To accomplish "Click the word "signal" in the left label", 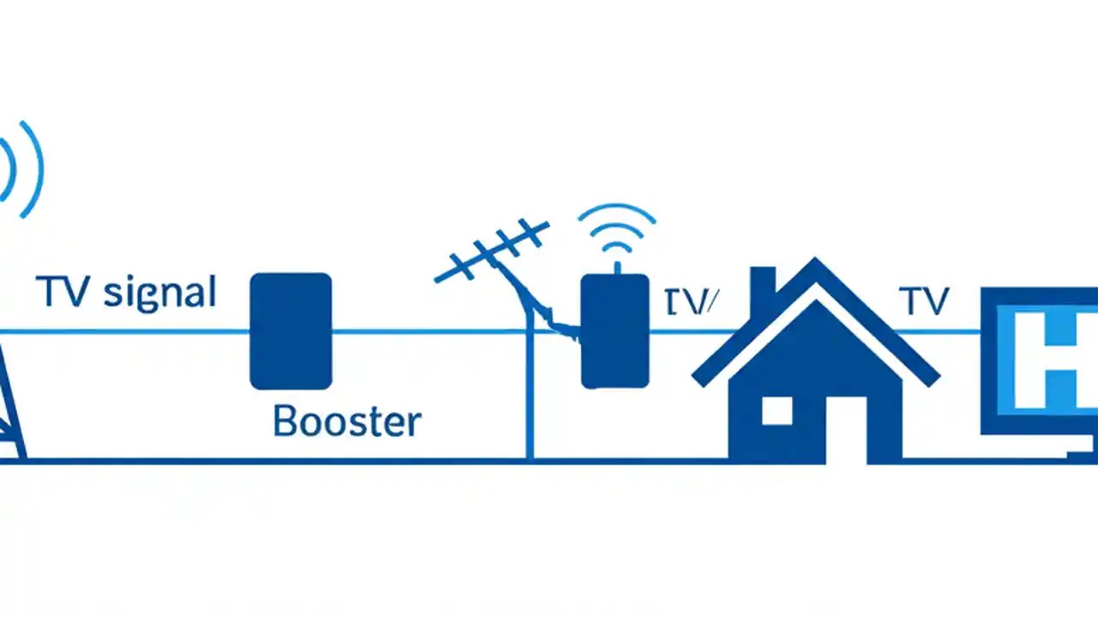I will click(159, 294).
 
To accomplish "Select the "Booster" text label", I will click(347, 421).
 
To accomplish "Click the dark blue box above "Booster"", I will click(290, 330).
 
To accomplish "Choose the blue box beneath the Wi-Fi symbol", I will click(614, 331).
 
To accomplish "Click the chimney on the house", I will click(763, 288).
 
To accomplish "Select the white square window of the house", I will click(777, 410).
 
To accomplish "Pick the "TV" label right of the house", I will click(923, 301).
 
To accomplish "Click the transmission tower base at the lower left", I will click(12, 429).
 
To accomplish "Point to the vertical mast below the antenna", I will click(529, 395).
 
